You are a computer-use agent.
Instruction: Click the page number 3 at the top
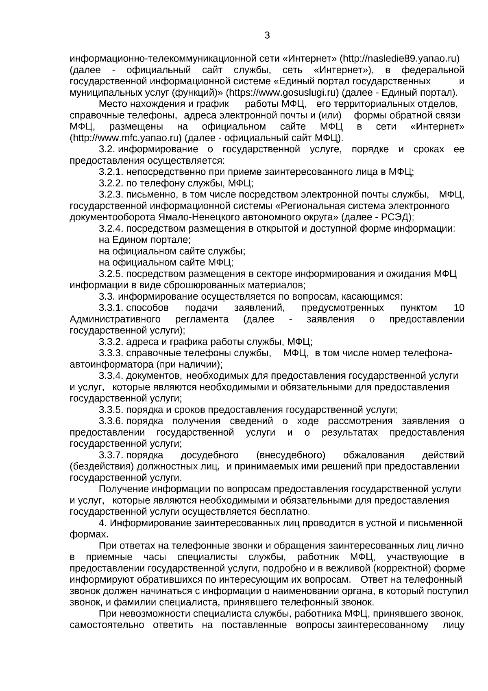click(267, 35)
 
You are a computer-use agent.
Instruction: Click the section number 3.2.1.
click(111, 172)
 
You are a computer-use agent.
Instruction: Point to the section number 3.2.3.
click(111, 195)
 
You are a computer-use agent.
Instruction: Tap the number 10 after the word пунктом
click(458, 308)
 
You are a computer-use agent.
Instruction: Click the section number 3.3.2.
click(111, 342)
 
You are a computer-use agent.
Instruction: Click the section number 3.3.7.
click(111, 455)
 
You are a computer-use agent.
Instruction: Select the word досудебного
click(209, 455)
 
